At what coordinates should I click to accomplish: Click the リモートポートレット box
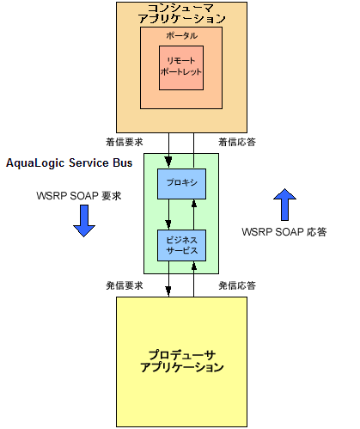[180, 66]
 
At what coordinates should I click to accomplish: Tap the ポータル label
[180, 35]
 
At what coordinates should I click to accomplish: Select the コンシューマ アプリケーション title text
[181, 13]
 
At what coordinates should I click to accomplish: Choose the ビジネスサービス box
[180, 245]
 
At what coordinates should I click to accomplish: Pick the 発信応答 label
[236, 285]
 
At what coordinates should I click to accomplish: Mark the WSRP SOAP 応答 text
[284, 231]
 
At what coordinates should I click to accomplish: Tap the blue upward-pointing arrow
[284, 203]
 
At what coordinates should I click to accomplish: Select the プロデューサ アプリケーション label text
[181, 360]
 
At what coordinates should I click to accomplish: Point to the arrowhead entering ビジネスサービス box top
[168, 225]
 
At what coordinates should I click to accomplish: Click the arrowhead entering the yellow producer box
[168, 291]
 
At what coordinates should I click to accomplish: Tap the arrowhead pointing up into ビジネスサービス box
[194, 266]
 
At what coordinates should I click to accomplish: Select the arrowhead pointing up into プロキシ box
[194, 204]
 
